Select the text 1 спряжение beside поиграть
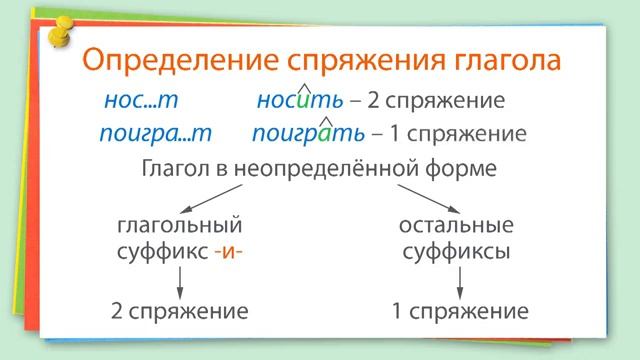pyautogui.click(x=462, y=134)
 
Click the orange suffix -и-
pyautogui.click(x=228, y=252)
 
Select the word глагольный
pyautogui.click(x=179, y=226)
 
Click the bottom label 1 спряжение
pyautogui.click(x=461, y=312)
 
